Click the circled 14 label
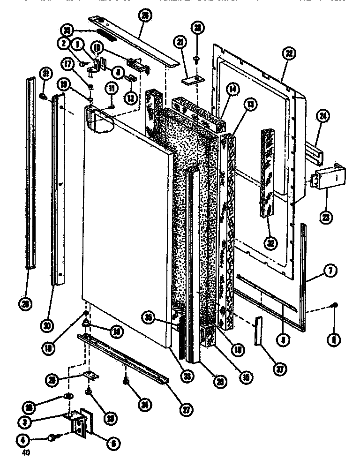pos(231,88)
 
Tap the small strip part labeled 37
pos(259,331)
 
